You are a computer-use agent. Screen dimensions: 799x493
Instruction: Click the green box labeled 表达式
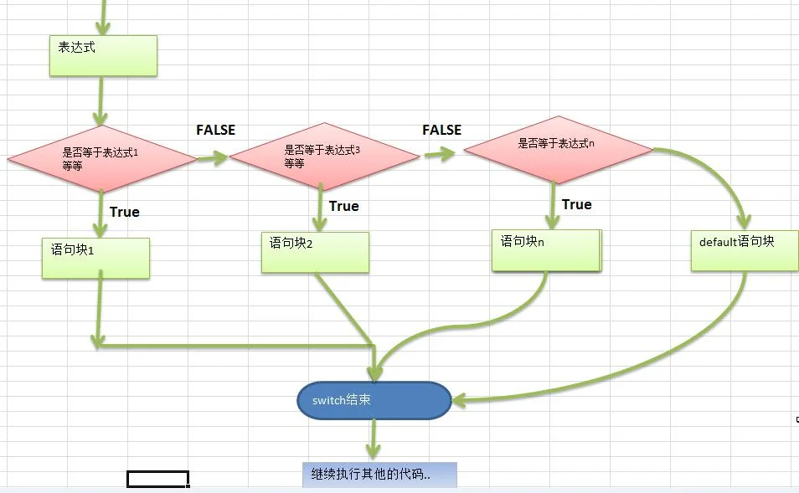point(104,56)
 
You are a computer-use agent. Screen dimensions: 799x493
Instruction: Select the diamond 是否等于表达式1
point(102,159)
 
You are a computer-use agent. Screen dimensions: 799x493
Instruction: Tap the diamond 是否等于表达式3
point(324,157)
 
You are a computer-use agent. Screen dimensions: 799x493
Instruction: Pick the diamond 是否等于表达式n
point(559,150)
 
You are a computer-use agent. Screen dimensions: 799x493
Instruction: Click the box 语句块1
point(95,258)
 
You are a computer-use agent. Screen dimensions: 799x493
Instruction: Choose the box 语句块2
point(316,253)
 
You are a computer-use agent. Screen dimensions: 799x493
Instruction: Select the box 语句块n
point(546,250)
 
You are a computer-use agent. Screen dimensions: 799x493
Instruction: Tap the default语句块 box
point(745,250)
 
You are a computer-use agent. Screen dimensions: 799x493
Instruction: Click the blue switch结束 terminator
point(374,400)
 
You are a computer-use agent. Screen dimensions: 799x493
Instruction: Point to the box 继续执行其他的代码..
point(379,475)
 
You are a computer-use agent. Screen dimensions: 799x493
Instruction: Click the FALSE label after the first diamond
point(216,130)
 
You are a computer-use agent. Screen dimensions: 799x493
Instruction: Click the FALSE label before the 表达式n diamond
point(441,130)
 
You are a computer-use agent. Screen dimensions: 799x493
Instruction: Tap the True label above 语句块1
point(124,212)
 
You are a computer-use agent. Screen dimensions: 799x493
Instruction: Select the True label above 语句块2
point(344,206)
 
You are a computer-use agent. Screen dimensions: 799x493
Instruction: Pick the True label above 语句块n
point(577,205)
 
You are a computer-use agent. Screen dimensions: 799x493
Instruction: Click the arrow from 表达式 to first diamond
point(101,100)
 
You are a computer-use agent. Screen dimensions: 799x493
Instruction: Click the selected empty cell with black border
point(158,480)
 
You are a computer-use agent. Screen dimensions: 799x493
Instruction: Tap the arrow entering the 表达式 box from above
point(104,18)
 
